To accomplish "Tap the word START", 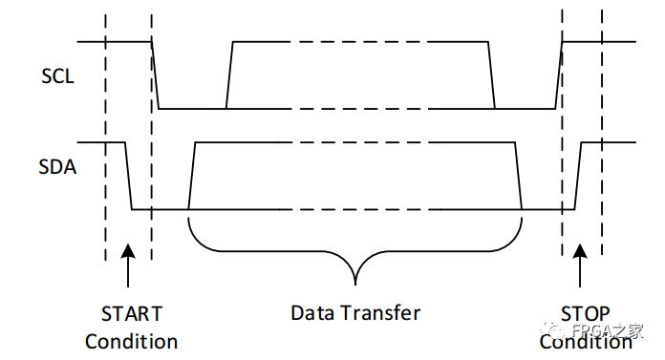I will [131, 313].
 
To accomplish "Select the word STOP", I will [585, 313].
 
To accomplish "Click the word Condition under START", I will [131, 341].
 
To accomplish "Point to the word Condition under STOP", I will [585, 341].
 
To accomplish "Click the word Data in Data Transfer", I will [313, 312].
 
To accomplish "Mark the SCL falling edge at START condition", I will [155, 75].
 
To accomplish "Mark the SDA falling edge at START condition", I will [129, 176].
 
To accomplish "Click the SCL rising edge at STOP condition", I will [559, 75].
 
